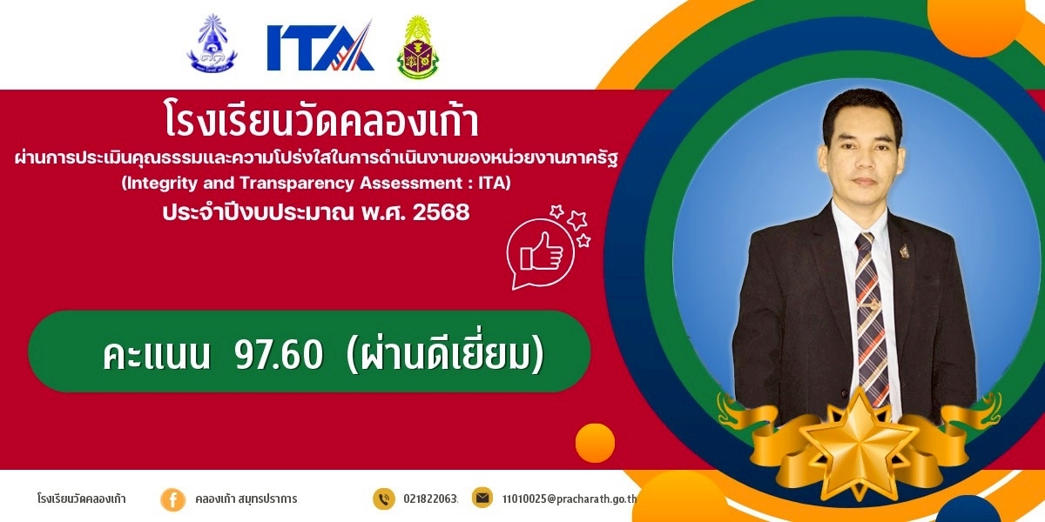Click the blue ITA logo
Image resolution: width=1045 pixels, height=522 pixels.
tap(320, 46)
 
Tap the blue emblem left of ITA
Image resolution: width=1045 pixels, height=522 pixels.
tap(212, 43)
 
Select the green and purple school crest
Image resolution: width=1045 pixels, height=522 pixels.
tap(417, 47)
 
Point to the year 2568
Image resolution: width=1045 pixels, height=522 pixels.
tap(442, 212)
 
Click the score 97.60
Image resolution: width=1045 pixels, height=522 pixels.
tap(279, 354)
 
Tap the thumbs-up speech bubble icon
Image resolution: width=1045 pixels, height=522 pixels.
tap(541, 253)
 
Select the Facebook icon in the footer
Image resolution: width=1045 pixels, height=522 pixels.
tap(172, 500)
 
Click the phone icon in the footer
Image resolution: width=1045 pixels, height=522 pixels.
tap(384, 499)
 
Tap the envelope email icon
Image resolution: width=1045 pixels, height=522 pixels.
tap(482, 498)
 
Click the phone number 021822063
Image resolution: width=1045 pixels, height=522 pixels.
tap(430, 499)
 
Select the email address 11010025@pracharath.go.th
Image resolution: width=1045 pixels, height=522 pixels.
tap(570, 499)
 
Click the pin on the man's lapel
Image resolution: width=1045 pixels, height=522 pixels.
tap(904, 251)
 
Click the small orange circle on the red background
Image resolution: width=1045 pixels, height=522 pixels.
tap(595, 443)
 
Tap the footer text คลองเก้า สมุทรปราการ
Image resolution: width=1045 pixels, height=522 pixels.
tap(246, 499)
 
